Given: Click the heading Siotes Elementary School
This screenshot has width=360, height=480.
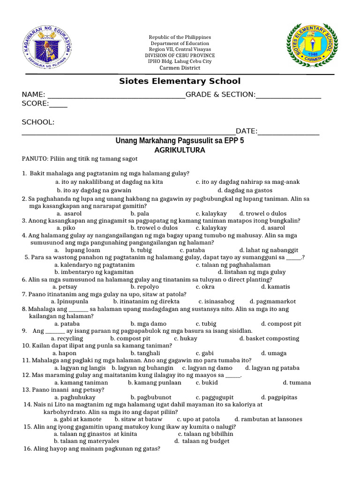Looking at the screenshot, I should tap(180, 81).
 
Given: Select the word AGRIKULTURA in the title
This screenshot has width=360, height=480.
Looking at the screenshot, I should tap(180, 150).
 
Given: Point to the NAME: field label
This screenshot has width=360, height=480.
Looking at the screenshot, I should tap(33, 95).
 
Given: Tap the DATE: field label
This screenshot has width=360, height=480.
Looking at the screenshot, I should tap(247, 131).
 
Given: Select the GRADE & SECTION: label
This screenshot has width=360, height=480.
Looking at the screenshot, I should tap(220, 95).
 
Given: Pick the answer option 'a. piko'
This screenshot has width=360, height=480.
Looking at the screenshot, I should tap(66, 227).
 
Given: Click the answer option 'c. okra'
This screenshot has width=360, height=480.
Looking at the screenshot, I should tap(205, 286).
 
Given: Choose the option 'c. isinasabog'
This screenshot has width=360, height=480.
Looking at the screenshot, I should tap(216, 301).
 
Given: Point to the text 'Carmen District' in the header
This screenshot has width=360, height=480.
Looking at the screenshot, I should tap(180, 67).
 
